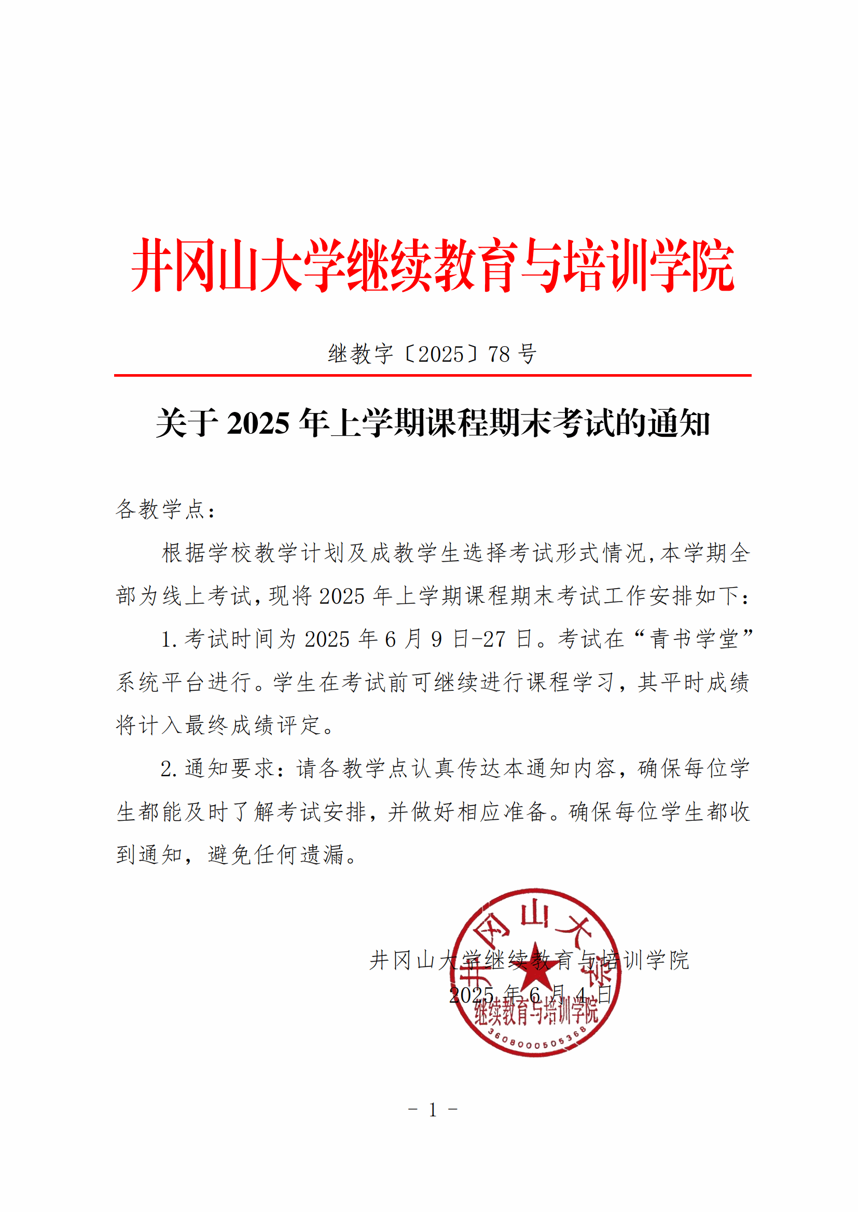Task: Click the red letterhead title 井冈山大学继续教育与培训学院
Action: click(432, 265)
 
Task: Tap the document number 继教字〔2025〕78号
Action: click(432, 354)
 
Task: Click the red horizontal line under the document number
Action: click(432, 375)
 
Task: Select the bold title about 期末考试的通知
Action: click(432, 423)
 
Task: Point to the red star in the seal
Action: click(535, 965)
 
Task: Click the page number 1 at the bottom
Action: click(433, 1110)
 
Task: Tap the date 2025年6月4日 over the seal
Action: click(530, 995)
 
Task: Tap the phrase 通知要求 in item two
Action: click(230, 768)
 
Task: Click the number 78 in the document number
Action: click(499, 354)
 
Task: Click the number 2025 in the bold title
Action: click(258, 424)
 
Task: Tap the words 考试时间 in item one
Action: click(230, 639)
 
